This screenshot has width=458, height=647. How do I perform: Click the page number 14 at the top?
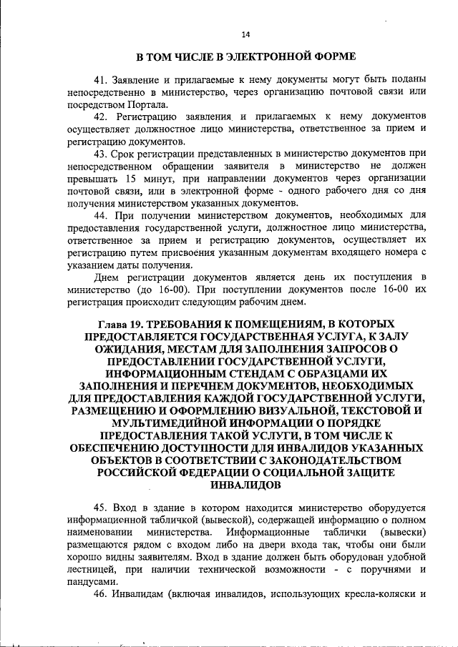click(x=245, y=34)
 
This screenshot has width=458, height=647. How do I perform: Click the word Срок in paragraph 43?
click(x=128, y=154)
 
